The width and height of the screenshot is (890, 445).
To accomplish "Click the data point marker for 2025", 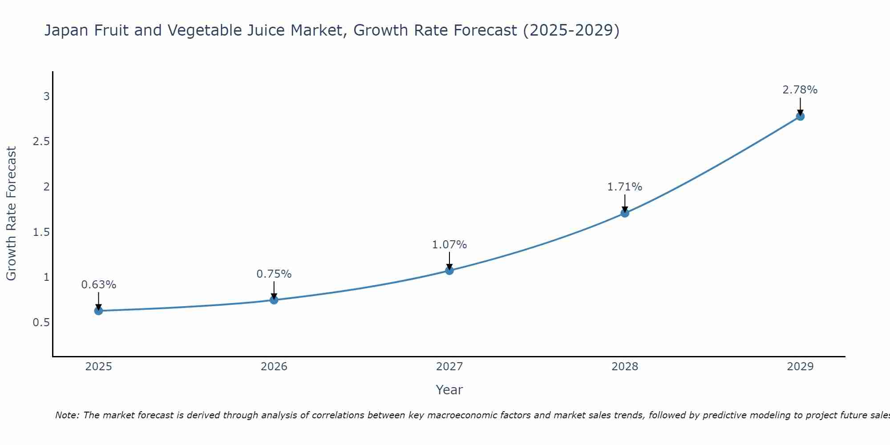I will point(99,311).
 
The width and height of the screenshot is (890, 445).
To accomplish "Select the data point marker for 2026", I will point(274,300).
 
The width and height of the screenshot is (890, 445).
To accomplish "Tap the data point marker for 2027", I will point(449,271).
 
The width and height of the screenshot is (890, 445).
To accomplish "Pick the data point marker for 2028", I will point(625,213).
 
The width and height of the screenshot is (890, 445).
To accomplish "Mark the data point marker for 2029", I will point(800,117).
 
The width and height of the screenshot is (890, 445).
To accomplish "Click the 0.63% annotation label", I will point(99,285).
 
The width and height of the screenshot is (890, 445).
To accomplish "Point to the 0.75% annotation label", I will point(274,274).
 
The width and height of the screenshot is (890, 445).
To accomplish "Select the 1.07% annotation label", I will point(449,245).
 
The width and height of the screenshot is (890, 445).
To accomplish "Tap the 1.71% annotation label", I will point(625,187).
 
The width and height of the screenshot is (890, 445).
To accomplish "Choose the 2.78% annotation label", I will point(800,90).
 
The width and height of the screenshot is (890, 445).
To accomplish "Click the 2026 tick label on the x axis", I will point(274,367).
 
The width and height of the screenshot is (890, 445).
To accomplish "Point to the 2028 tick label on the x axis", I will point(625,367).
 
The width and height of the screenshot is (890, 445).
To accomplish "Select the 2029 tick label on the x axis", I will point(800,367).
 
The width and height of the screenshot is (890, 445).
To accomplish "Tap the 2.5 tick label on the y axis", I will point(41,142).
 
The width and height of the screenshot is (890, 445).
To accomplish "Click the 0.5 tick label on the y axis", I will point(41,322).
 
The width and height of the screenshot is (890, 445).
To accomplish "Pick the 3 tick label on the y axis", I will point(46,96).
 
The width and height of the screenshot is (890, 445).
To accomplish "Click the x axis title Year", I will point(449,390).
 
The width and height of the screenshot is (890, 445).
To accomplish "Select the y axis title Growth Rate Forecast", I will point(12,214).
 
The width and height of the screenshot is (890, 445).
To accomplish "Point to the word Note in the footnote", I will point(67,415).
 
